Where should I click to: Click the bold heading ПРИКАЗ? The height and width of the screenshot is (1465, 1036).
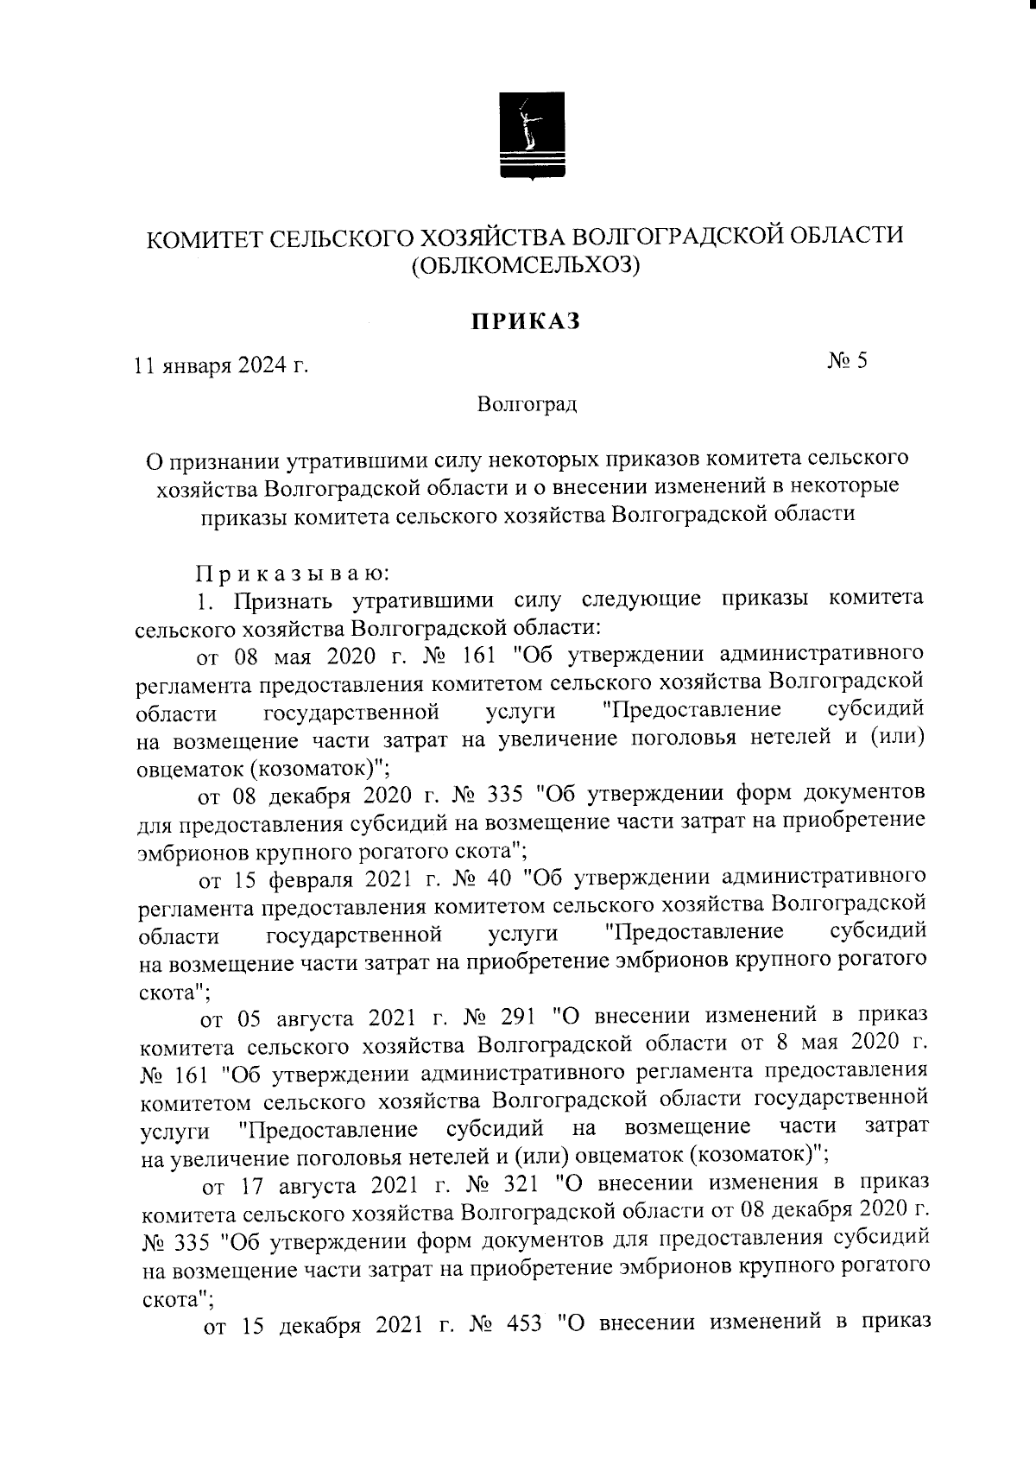[524, 322]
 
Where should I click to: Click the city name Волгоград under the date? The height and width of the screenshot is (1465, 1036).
[526, 404]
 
